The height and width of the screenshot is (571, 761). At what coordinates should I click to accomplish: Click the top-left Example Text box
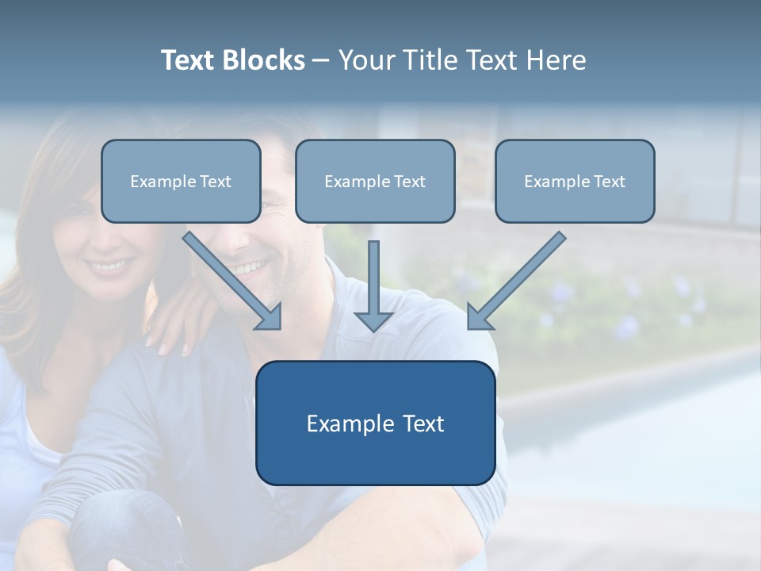[x=181, y=182]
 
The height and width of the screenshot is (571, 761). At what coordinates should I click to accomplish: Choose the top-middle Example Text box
[x=375, y=182]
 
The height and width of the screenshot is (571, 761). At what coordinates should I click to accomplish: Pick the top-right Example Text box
[x=575, y=182]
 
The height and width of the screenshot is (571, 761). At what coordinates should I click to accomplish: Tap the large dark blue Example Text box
[x=375, y=423]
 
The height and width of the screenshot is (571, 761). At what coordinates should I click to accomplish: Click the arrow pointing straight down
[x=373, y=285]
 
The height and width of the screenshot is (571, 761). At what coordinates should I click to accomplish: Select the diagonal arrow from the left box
[x=234, y=282]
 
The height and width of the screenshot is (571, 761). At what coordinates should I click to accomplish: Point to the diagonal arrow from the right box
[x=515, y=282]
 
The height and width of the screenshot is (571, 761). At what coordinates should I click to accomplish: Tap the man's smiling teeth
[x=247, y=267]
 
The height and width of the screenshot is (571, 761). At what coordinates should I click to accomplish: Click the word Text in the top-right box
[x=609, y=182]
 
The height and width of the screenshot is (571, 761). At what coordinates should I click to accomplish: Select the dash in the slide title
[x=321, y=60]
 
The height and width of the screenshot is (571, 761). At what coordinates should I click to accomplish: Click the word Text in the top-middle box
[x=409, y=182]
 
